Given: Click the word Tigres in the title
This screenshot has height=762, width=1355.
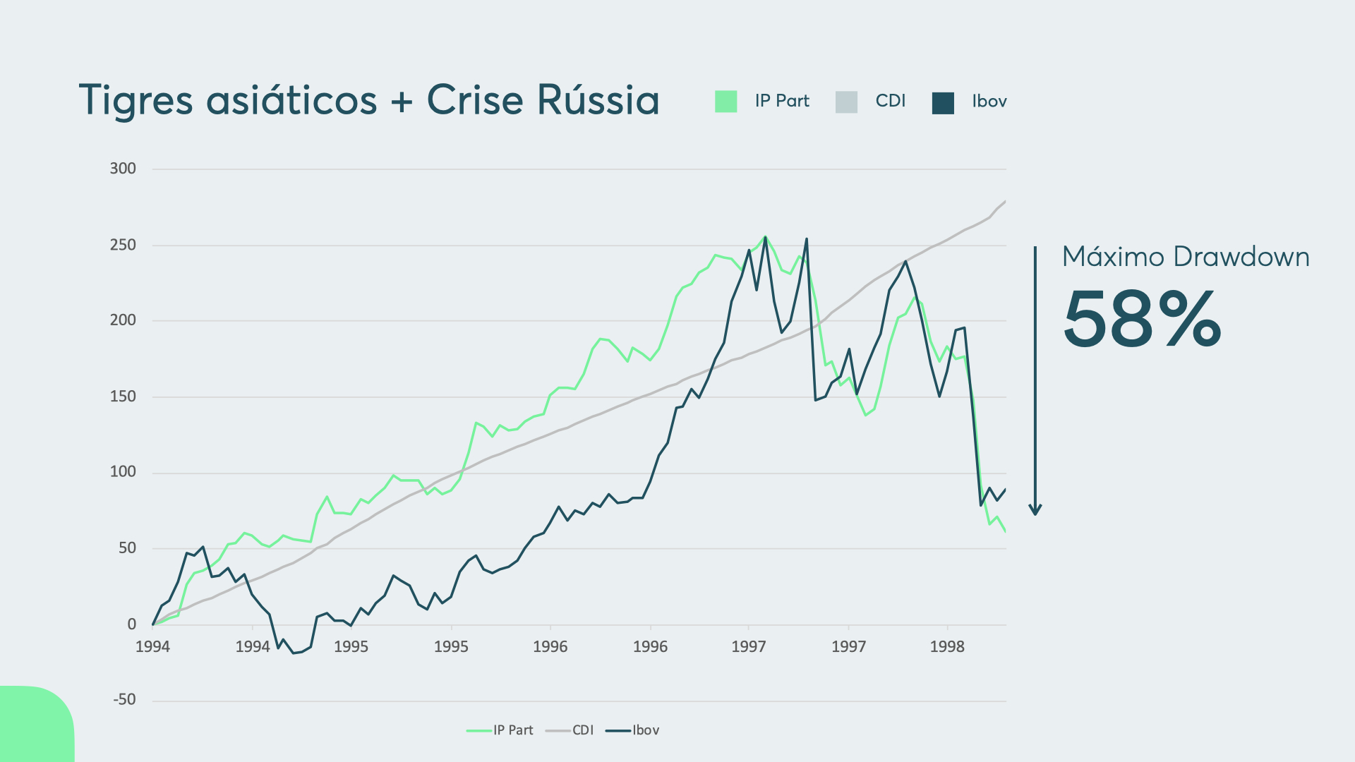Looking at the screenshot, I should (135, 100).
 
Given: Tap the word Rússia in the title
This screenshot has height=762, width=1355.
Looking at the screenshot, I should (598, 100).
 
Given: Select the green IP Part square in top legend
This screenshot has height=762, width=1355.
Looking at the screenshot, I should (725, 102).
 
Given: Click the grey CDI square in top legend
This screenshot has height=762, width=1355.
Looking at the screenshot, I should (846, 102).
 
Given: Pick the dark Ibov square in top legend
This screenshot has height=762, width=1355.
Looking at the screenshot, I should (943, 102).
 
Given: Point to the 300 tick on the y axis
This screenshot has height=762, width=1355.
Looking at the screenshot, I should (123, 169).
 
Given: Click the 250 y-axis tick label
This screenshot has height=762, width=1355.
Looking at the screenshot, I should (123, 245).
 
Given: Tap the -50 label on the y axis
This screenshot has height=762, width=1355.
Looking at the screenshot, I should (124, 700).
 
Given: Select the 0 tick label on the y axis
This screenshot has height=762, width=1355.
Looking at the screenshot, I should (132, 624).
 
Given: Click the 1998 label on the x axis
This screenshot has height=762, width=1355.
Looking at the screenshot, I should (947, 647).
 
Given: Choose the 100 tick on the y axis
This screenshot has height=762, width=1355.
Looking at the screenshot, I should (123, 472).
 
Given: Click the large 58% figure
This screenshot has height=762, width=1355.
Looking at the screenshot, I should (1142, 320).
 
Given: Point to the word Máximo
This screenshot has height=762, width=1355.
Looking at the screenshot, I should (1113, 257).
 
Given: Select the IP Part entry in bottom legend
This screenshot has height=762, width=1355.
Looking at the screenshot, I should (500, 730).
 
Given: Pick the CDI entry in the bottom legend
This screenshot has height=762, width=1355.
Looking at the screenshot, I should (570, 730).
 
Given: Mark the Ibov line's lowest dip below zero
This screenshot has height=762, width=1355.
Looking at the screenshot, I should (294, 653).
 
